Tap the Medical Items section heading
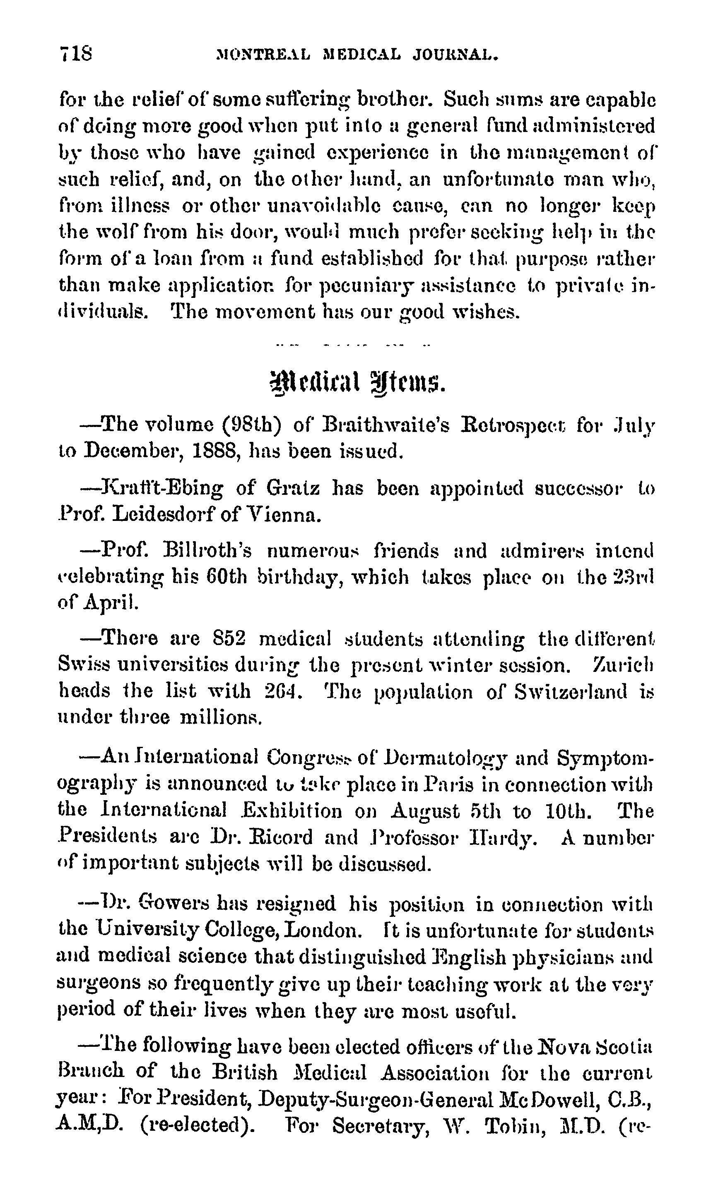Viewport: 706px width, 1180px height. [357, 384]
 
